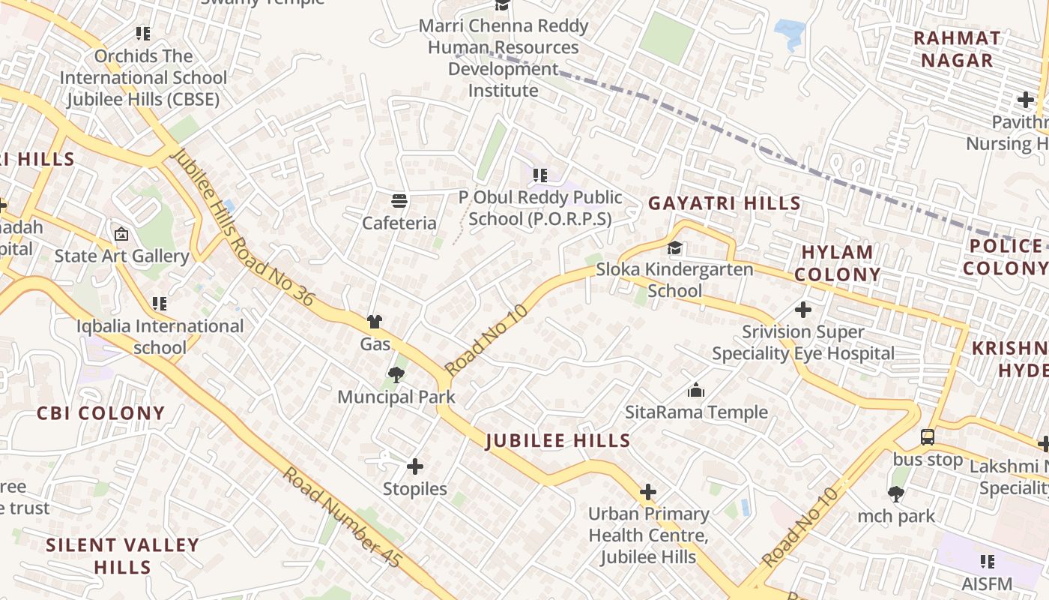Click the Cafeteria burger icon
coord(399,201)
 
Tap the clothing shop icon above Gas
coord(375,322)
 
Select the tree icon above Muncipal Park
coord(396,373)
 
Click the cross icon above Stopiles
coord(414,466)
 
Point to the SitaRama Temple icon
coord(696,390)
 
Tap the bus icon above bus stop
coord(927,436)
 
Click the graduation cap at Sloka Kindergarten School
coord(675,247)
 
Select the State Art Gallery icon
coord(121,234)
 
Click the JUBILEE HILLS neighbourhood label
coord(558,441)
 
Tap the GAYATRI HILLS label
coord(725,203)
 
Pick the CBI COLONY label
coord(100,413)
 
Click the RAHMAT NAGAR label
coord(957,49)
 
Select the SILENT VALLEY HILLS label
coord(123,556)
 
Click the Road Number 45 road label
coord(342,517)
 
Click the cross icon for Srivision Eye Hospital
coord(802,309)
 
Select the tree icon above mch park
coord(895,493)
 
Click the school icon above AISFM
coord(988,561)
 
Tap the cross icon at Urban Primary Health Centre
coord(648,492)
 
